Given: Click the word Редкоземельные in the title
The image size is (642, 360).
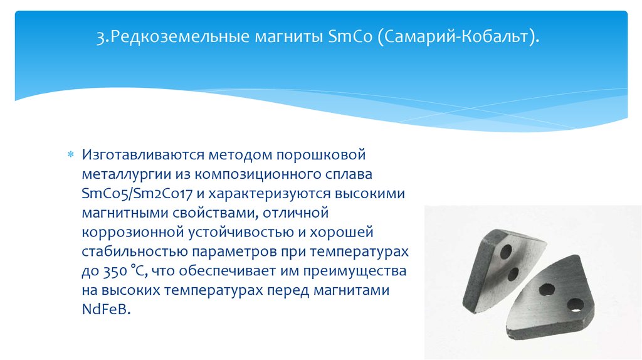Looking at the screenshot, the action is (180, 36).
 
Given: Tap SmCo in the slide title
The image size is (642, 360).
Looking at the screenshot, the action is (350, 36).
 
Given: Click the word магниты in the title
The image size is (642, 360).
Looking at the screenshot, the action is (289, 37).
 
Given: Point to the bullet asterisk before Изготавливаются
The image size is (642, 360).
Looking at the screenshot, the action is (71, 155).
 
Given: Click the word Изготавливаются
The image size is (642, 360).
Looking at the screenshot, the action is (143, 155).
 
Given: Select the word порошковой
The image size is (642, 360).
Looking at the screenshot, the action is (320, 155).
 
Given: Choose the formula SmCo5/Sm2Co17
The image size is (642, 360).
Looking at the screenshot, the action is (137, 193).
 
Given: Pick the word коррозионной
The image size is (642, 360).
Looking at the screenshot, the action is (133, 232).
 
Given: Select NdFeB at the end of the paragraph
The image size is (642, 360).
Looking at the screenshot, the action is (106, 309).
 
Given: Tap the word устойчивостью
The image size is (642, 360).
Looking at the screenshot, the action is (241, 232).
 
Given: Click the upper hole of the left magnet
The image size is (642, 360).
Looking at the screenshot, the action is (506, 251).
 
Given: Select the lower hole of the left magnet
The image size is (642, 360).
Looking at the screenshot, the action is (513, 274).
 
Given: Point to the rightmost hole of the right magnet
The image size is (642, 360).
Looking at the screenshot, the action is (576, 305).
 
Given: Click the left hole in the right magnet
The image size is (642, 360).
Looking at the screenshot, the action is (547, 290).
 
